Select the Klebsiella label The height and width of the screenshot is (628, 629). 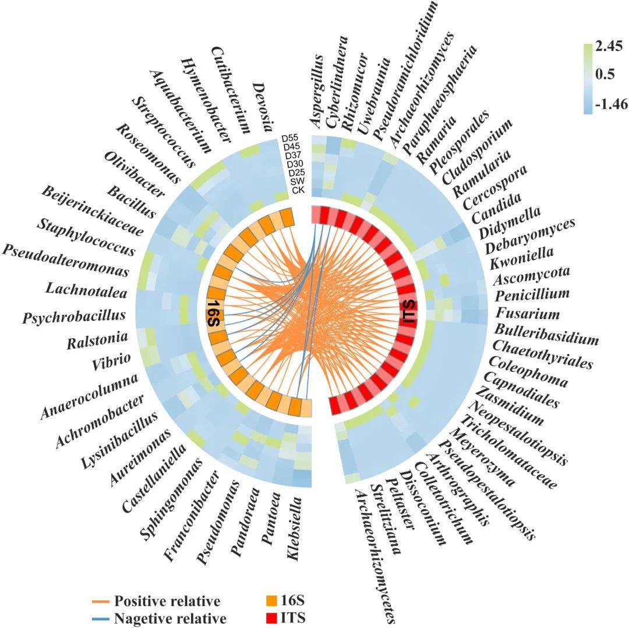(x=298, y=527)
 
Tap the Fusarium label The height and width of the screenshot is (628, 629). (x=527, y=314)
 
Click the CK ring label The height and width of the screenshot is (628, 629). (x=298, y=190)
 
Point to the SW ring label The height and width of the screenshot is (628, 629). (x=297, y=182)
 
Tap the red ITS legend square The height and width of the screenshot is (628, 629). (x=269, y=618)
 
